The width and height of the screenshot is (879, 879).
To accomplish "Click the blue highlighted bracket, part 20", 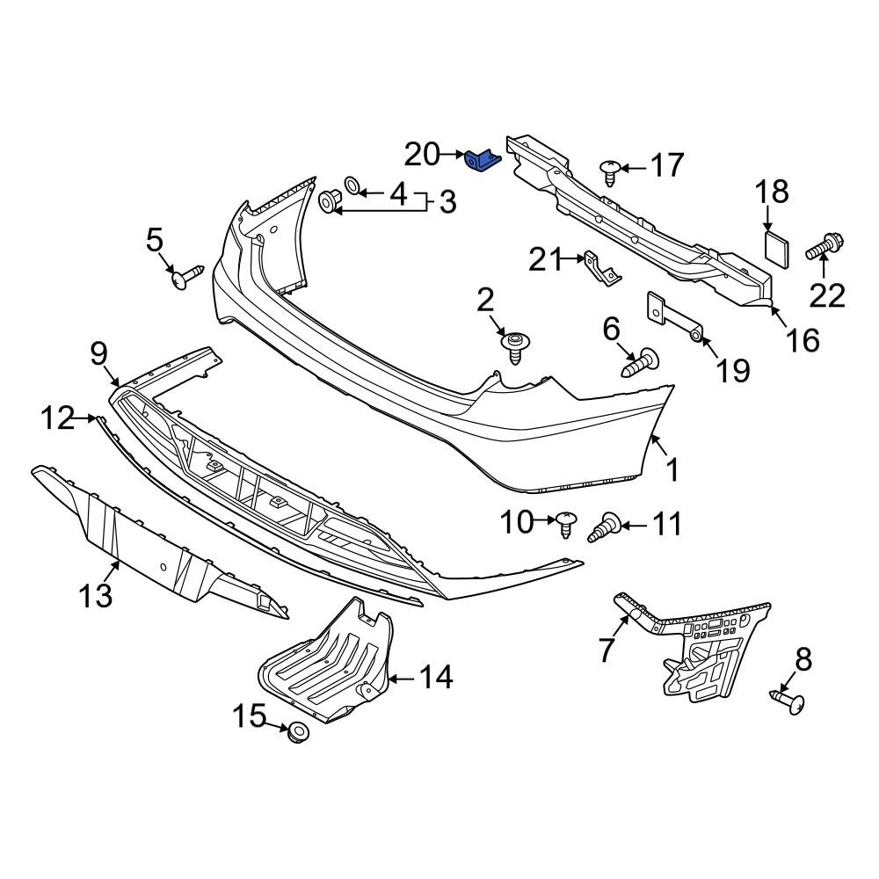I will click(x=483, y=161).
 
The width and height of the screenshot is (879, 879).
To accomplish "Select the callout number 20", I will click(x=421, y=155).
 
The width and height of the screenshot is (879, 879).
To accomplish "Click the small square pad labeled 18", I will click(x=774, y=246).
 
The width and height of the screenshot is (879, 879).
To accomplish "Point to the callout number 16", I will click(x=804, y=339).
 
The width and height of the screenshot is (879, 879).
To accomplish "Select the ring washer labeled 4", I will click(x=352, y=185).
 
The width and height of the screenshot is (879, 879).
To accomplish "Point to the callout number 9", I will click(x=98, y=354).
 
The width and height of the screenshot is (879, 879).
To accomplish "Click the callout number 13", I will click(x=96, y=595).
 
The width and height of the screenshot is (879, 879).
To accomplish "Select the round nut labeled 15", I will click(x=298, y=731).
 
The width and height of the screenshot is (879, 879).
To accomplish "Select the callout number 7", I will click(x=606, y=650).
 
